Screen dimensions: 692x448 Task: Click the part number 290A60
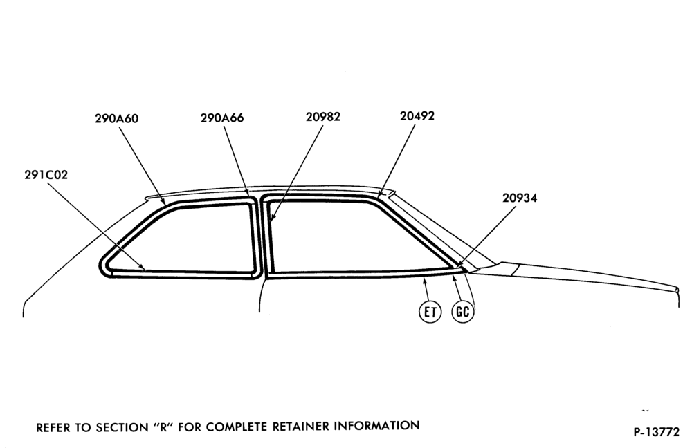(x=116, y=119)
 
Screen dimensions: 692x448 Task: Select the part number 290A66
(x=222, y=118)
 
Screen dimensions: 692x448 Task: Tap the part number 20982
(x=323, y=117)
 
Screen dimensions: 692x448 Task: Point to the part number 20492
(x=417, y=116)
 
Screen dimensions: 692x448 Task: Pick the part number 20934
(x=520, y=198)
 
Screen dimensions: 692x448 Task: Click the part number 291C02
(x=46, y=175)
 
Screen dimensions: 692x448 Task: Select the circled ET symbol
(x=430, y=312)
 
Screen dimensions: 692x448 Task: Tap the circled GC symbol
(x=462, y=311)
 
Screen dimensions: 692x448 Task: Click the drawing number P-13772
(x=657, y=432)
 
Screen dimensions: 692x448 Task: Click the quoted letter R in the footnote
(x=163, y=427)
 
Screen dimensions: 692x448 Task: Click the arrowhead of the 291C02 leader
(x=143, y=268)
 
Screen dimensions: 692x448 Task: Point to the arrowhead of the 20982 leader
(x=272, y=217)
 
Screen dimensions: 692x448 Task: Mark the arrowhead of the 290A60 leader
(x=164, y=203)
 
